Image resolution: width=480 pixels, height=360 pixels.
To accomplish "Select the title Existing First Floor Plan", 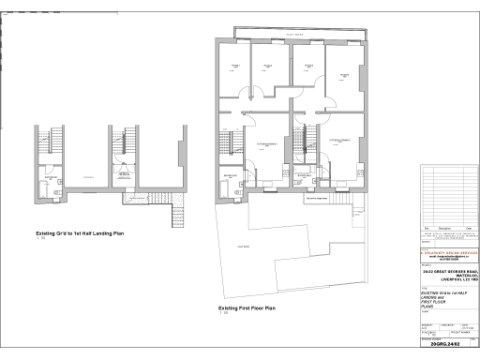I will click(247, 307).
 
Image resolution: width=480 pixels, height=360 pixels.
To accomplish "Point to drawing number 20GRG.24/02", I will click(446, 345).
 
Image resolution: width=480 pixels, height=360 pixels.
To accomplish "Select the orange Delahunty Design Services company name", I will click(447, 251).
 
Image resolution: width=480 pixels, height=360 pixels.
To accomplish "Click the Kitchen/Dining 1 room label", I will click(268, 142).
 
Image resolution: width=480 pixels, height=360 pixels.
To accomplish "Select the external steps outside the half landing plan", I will click(175, 217).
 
